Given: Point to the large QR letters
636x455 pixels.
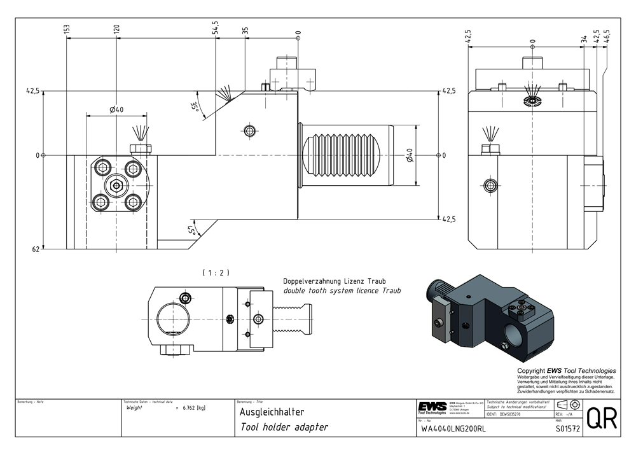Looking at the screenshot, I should click(x=601, y=419).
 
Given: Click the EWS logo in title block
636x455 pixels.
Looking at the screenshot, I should click(x=432, y=407).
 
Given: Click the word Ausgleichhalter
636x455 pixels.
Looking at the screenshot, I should click(x=266, y=412).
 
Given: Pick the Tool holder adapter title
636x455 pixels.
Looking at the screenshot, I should click(x=284, y=428).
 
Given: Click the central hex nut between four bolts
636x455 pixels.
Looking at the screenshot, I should click(x=116, y=186).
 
